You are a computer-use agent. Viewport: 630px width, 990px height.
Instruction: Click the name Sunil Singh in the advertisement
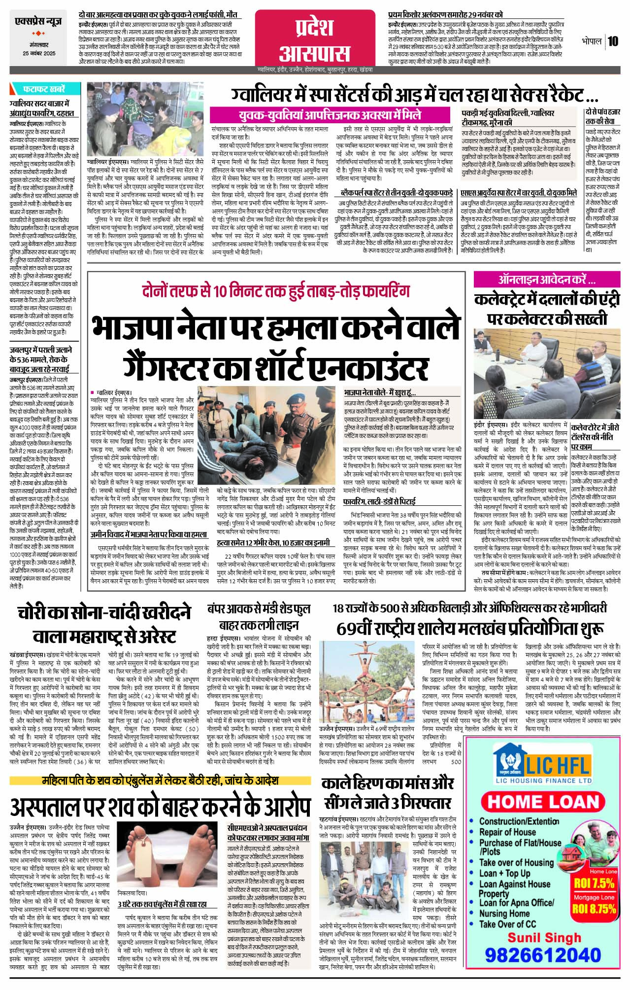[544, 936]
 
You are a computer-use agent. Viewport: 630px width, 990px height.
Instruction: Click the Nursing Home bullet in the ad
[504, 913]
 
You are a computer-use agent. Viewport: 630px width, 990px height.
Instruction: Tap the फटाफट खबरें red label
[43, 89]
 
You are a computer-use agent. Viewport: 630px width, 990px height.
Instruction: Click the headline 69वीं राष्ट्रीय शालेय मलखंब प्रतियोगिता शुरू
[470, 629]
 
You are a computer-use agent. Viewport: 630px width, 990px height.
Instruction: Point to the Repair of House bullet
[507, 832]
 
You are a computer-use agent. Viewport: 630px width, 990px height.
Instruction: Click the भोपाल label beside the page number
[591, 41]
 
